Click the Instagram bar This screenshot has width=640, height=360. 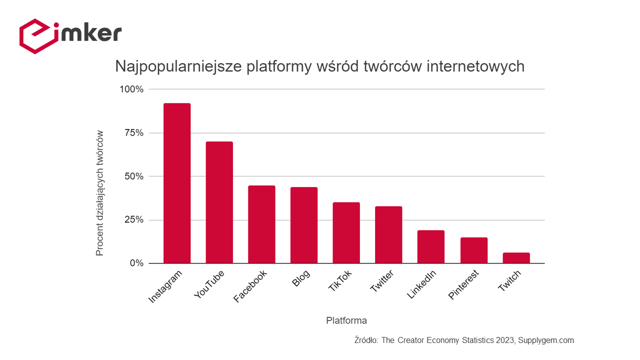point(177,183)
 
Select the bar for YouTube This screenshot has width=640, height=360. point(219,202)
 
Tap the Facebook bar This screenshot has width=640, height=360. point(261,224)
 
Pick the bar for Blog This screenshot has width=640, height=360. point(304,225)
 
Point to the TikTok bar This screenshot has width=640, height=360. point(346,232)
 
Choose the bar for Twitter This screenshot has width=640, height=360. point(388,234)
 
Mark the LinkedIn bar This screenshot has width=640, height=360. point(431,246)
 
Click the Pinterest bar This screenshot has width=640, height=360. point(473,250)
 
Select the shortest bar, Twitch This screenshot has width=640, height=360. point(516,258)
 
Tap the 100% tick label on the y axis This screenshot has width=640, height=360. point(131,89)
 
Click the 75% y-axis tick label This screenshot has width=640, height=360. point(133,133)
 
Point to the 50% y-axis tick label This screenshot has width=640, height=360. point(133,176)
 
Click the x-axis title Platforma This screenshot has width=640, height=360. point(346,320)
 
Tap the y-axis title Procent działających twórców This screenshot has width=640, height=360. point(100,193)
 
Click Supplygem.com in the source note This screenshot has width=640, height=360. point(546,340)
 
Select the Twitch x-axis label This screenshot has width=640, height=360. point(509,281)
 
